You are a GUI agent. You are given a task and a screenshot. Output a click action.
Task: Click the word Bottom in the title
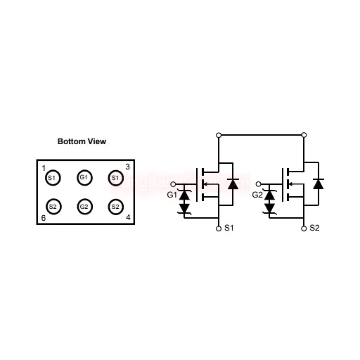[x=72, y=141]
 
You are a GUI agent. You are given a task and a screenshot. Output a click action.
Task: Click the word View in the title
[x=97, y=141]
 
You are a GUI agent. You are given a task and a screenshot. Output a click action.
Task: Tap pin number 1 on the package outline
[x=44, y=168]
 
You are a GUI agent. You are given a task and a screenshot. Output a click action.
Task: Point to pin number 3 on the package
[x=127, y=167]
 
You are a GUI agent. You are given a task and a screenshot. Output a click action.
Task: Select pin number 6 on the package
[x=44, y=218]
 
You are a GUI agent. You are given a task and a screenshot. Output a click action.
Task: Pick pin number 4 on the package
[x=128, y=217]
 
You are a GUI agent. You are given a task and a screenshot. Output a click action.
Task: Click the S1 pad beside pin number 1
[x=53, y=178]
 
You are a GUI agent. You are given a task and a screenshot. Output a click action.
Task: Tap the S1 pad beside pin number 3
[x=116, y=178]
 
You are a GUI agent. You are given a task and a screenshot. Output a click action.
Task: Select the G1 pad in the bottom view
[x=84, y=178]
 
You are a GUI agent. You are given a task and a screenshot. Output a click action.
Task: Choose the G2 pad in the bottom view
[x=84, y=207]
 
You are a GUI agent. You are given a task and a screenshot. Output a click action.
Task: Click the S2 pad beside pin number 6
[x=53, y=207]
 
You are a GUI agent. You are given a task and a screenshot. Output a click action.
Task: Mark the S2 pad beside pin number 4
[x=116, y=207]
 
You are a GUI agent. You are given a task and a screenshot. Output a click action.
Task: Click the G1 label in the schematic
[x=172, y=195]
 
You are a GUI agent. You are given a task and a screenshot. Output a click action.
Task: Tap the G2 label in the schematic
[x=257, y=195]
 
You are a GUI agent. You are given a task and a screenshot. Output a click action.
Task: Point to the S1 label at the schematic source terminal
[x=229, y=228]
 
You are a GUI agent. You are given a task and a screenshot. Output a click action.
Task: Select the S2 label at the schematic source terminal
[x=314, y=228]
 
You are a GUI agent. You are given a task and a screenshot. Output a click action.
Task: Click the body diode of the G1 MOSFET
[x=233, y=184]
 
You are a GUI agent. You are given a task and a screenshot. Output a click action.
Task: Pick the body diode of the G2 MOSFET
[x=319, y=184]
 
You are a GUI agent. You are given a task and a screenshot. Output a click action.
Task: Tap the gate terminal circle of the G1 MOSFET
[x=173, y=184]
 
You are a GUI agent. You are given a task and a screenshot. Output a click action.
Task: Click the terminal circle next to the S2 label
[x=304, y=229]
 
